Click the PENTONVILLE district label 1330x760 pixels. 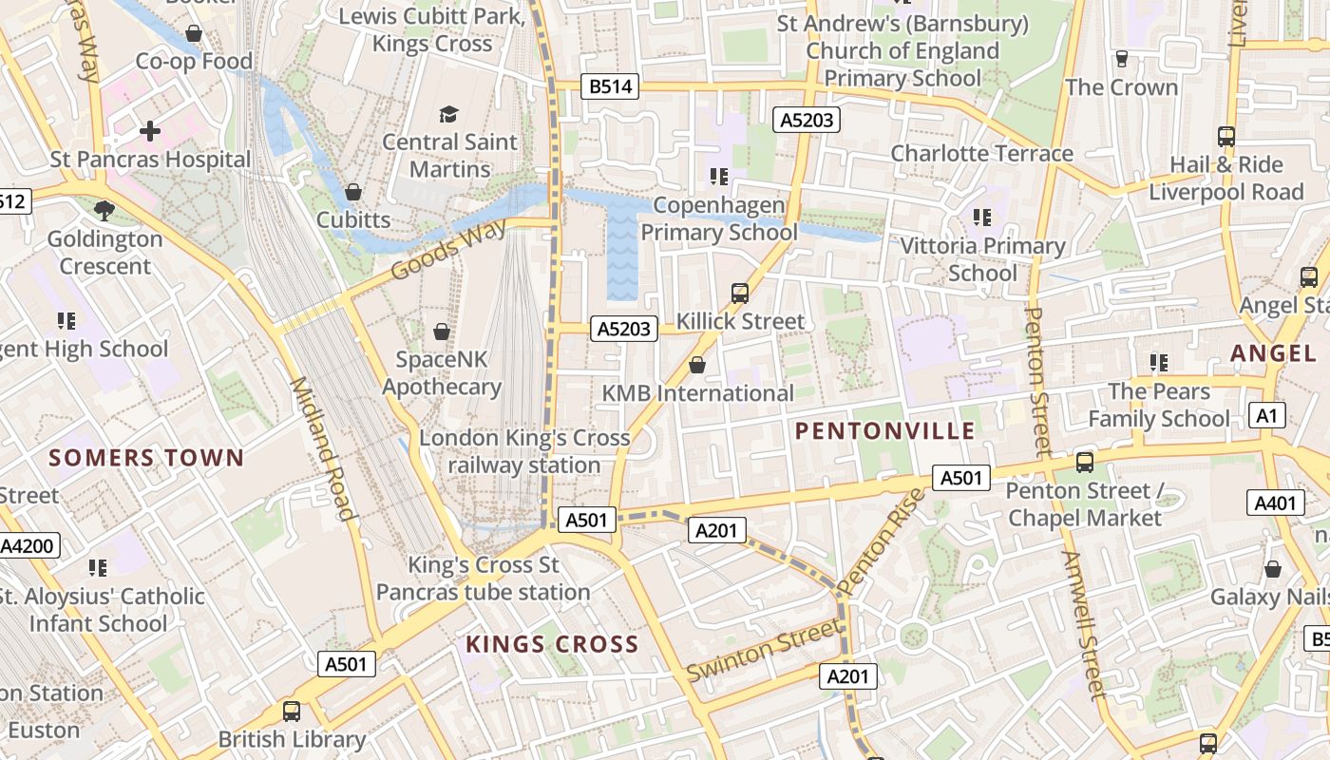point(884,431)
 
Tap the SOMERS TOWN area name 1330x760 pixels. point(146,458)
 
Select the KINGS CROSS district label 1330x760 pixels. point(552,644)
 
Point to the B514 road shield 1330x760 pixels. point(610,87)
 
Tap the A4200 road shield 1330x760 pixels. point(28,545)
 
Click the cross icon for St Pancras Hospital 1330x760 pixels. point(150,131)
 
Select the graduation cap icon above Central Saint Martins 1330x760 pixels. point(448,115)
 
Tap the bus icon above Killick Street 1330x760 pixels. point(740,294)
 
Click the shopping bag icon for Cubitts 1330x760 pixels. point(353,193)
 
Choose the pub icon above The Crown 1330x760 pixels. point(1121,59)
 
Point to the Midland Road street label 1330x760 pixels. point(322,448)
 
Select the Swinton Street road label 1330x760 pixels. point(765,650)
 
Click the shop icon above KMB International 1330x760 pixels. point(697,365)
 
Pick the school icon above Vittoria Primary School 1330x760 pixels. point(982,218)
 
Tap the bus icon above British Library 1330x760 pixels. point(292,711)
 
